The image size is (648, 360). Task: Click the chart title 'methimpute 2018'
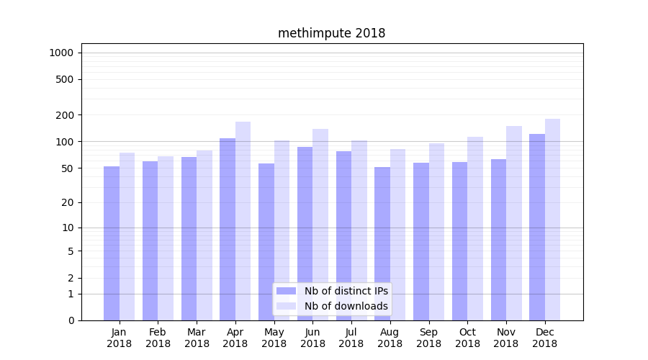point(331,34)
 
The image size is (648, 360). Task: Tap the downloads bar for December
point(552,220)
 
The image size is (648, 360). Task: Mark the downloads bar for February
point(166,238)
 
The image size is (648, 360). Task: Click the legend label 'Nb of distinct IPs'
point(346,291)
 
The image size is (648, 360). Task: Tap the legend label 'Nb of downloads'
point(346,306)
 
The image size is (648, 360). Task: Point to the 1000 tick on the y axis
point(61,53)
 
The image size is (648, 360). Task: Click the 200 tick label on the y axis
point(65,115)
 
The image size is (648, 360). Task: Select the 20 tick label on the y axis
point(68,202)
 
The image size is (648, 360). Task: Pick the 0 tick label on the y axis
point(71,320)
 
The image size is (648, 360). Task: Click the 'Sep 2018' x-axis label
point(428,338)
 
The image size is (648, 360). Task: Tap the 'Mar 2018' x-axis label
point(197,338)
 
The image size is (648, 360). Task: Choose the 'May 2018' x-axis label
point(274,338)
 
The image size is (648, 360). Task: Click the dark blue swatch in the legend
point(287,291)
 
